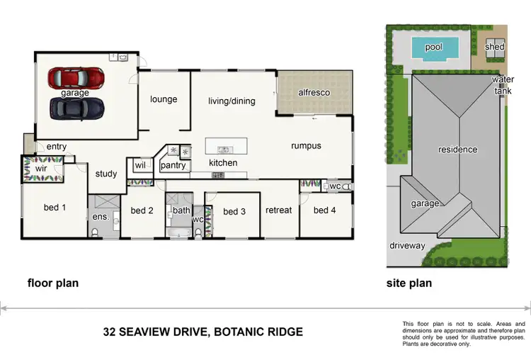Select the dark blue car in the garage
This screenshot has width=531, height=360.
coord(76,108)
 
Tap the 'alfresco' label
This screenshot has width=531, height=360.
coord(314,93)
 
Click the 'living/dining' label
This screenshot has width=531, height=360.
coord(232,101)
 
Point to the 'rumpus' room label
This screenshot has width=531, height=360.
coord(306,146)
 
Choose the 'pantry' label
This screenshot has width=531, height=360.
coord(173,166)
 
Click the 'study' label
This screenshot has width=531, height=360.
coord(106,174)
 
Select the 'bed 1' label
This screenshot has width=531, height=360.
coord(55,208)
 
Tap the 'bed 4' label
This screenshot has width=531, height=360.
coord(325,210)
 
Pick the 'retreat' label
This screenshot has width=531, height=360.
coord(279,210)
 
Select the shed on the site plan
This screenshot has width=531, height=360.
coord(494,47)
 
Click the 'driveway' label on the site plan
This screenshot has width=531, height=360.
coord(407,246)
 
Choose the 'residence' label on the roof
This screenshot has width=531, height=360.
coord(457,150)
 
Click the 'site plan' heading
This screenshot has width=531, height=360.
coord(409,283)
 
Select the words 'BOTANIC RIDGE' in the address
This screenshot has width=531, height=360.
coord(258,332)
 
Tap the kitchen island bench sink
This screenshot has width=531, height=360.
coord(224,150)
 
